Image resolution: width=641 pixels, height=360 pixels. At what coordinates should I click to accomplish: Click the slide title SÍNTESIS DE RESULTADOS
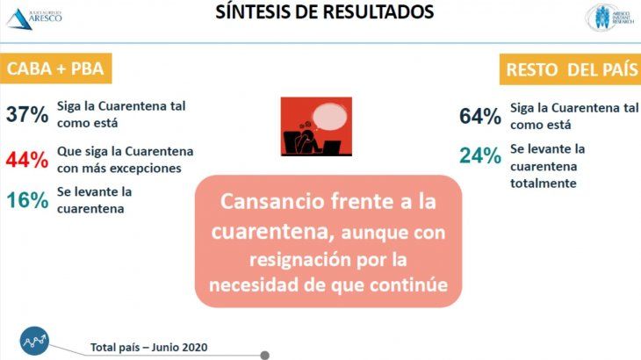coord(326,12)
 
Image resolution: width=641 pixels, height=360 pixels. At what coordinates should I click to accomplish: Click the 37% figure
coord(27,114)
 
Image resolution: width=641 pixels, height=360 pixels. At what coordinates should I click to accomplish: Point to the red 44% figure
coord(27,159)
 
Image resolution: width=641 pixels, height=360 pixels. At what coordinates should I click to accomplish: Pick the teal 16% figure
coord(27,200)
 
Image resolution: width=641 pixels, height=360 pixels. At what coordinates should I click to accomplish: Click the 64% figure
coord(480,116)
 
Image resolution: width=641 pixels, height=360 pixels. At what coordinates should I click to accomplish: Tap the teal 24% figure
coord(480,156)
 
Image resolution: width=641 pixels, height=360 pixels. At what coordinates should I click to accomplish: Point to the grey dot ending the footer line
coord(265,355)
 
